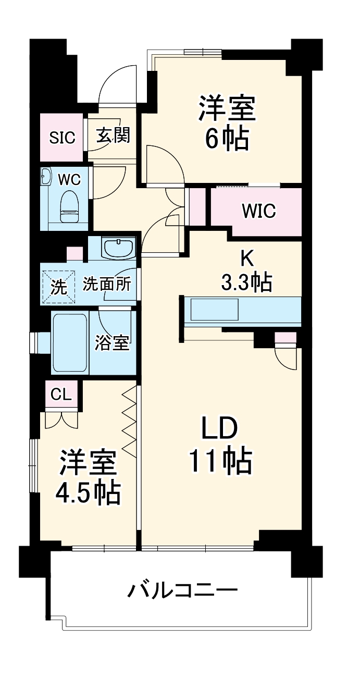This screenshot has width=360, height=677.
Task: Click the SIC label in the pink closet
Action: click(x=62, y=138)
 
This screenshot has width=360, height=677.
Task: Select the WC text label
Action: click(x=69, y=180)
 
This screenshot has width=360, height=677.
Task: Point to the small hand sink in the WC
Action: click(x=46, y=177)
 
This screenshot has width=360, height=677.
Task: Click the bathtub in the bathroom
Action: click(x=69, y=342)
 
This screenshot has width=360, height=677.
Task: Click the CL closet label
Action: click(x=61, y=395)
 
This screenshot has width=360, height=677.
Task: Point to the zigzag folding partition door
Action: click(x=129, y=422)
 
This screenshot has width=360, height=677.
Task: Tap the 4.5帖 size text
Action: click(x=88, y=492)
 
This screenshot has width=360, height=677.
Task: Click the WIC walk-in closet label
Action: click(x=258, y=211)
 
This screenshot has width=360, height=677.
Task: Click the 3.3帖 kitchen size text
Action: click(x=246, y=282)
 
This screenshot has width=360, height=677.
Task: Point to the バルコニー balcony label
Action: click(x=182, y=590)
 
